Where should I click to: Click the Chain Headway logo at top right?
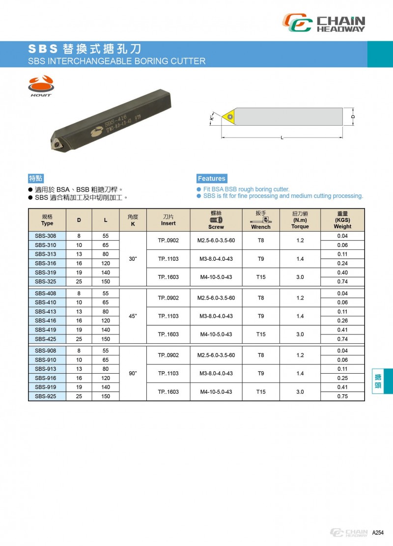[324, 23]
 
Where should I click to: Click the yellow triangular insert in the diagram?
[228, 117]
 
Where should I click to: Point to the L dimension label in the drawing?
[282, 137]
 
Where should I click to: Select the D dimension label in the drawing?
[353, 117]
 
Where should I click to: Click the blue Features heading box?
[212, 179]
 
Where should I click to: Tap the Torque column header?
[300, 220]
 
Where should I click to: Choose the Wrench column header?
[260, 220]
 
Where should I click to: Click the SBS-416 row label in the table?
[45, 321]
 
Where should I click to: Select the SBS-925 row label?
[45, 396]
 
